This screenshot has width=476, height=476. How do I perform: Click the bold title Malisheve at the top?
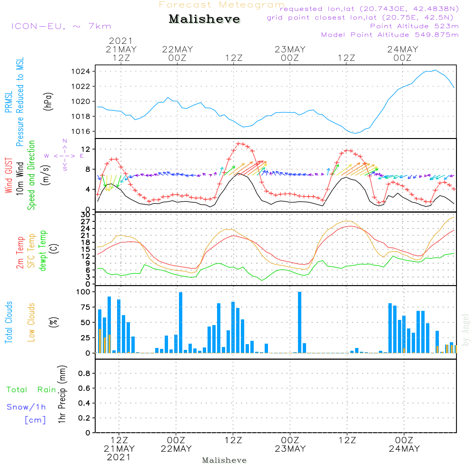(x=204, y=19)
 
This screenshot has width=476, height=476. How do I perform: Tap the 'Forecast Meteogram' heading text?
(x=222, y=5)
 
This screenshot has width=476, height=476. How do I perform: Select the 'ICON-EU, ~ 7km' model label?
(x=61, y=26)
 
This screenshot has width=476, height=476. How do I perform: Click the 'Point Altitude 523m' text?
(x=414, y=26)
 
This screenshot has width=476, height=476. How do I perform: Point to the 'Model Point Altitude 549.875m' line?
(x=390, y=35)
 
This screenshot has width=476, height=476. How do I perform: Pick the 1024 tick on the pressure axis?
(x=81, y=72)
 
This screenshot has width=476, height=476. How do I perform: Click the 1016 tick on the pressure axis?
(x=81, y=131)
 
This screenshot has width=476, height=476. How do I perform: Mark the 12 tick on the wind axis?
(x=86, y=149)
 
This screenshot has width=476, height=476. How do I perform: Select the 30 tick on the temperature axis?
(x=86, y=215)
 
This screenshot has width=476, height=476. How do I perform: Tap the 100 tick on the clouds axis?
(x=83, y=292)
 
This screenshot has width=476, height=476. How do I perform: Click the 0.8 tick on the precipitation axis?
(x=84, y=373)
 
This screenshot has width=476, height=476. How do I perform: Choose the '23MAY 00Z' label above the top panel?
(x=290, y=53)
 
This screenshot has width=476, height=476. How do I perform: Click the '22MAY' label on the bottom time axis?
(x=176, y=449)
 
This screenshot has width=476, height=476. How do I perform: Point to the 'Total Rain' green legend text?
(x=31, y=390)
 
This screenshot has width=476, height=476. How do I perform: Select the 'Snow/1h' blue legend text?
(x=26, y=407)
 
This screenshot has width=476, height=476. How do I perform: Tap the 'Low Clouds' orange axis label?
(x=31, y=322)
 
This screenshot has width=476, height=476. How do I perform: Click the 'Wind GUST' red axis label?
(x=9, y=176)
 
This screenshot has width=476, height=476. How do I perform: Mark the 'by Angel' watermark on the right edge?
(x=466, y=330)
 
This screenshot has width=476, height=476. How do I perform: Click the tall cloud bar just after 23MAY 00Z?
(x=299, y=322)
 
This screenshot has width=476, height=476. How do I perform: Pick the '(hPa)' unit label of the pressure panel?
(x=48, y=101)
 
